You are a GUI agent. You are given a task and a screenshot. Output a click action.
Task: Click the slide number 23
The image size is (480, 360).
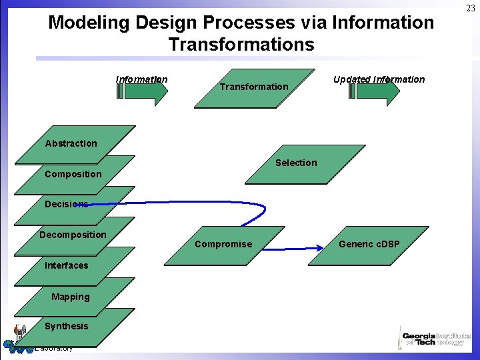[471, 8]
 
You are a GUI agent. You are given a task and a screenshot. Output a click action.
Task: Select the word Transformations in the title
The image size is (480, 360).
[241, 45]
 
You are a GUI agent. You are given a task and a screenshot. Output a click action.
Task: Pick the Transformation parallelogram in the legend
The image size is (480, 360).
[254, 88]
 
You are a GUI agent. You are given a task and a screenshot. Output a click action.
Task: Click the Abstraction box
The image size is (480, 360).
[74, 144]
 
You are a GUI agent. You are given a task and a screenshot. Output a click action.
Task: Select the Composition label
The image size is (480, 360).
[73, 175]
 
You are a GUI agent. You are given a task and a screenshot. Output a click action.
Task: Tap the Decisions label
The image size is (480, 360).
[66, 204]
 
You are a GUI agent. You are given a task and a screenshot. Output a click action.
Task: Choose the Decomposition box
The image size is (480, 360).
[73, 235]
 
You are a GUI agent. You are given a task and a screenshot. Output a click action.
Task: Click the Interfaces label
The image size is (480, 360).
[66, 265]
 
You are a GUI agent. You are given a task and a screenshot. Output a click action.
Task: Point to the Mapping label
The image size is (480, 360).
[70, 297]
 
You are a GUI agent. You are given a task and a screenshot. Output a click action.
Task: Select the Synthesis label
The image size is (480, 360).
[66, 326]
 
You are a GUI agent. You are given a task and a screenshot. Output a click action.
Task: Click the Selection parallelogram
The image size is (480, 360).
[297, 163]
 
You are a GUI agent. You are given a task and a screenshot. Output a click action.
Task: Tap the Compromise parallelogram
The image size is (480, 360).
[223, 245]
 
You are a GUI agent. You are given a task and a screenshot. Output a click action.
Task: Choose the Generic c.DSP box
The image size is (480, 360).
[369, 245]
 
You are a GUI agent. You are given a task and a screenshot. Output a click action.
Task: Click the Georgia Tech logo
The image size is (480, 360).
[434, 338]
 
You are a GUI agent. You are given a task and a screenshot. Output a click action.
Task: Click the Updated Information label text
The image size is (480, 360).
[379, 79]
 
